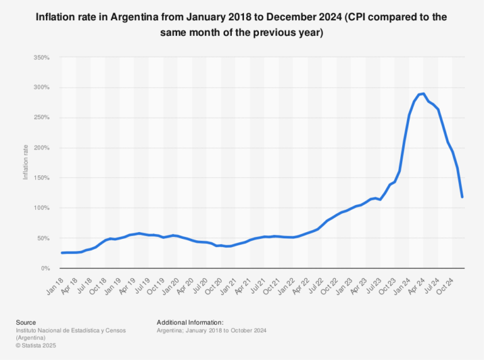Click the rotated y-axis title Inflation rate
click(x=26, y=163)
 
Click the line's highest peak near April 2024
click(x=423, y=93)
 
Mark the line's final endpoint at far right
click(x=462, y=197)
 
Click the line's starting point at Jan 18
click(x=62, y=253)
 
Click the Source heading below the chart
click(x=26, y=322)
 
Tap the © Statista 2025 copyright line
click(x=38, y=345)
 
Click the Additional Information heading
click(x=190, y=322)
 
